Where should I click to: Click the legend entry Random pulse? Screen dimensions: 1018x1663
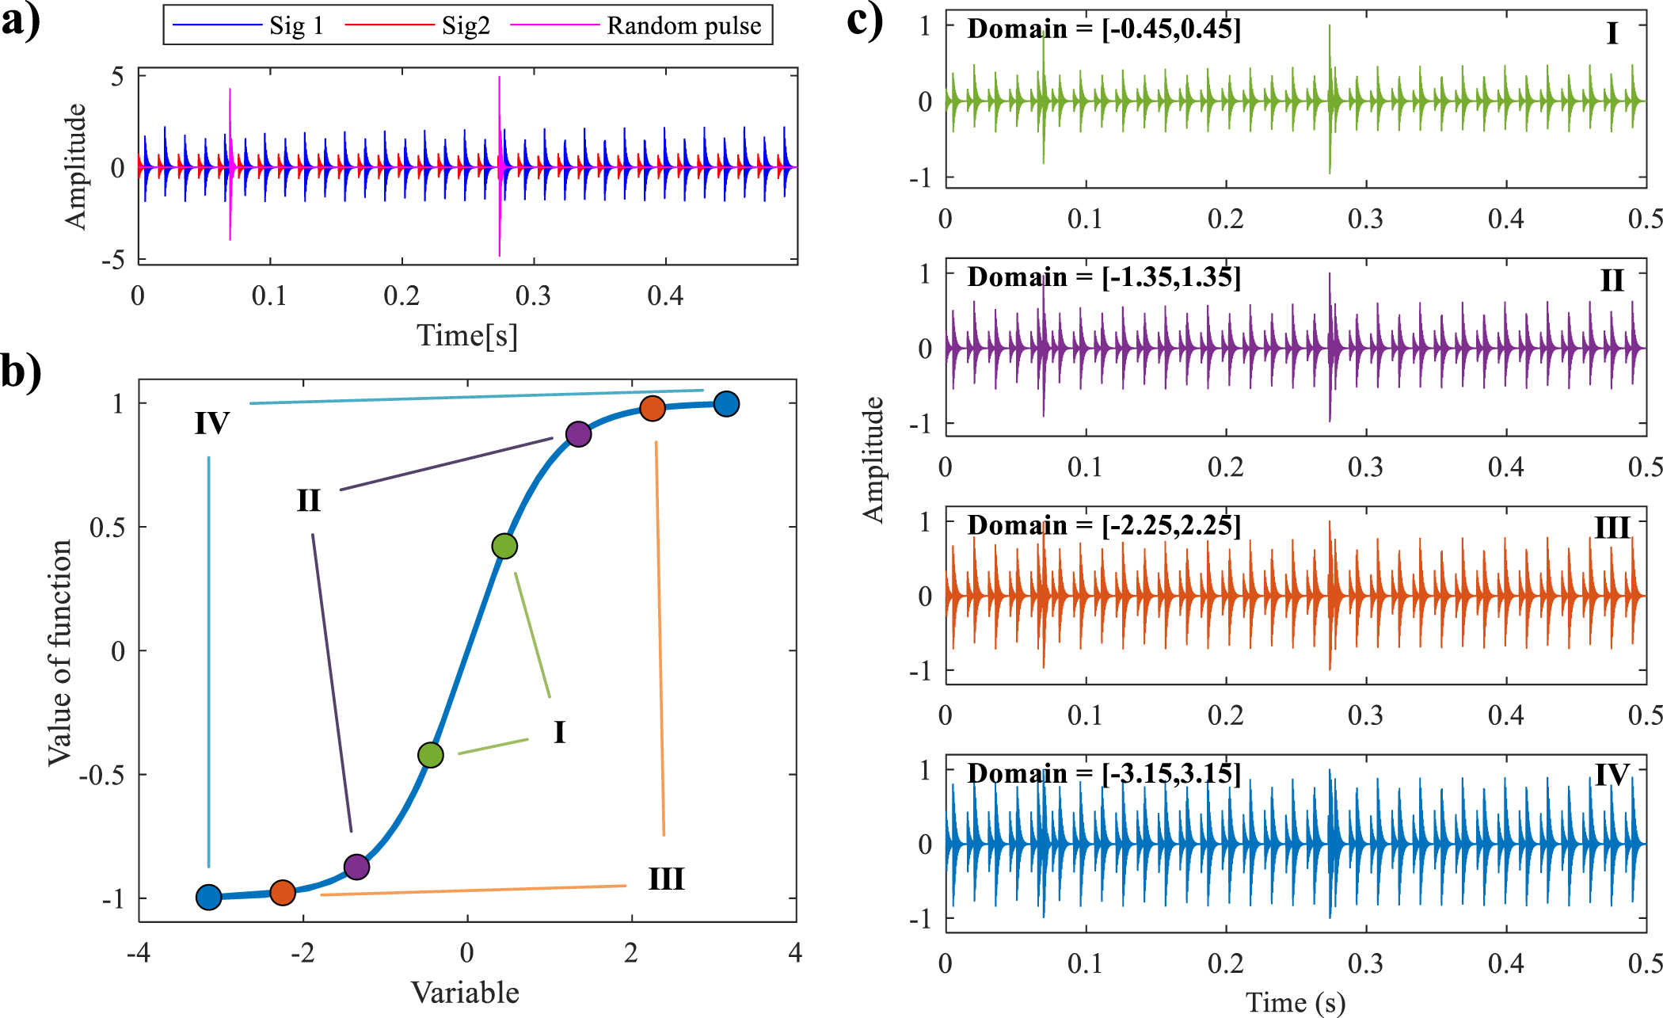pyautogui.click(x=683, y=26)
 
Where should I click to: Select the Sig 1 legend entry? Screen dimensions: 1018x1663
pyautogui.click(x=296, y=26)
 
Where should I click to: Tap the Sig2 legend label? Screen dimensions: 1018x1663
pyautogui.click(x=466, y=26)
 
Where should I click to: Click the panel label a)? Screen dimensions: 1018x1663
pyautogui.click(x=21, y=21)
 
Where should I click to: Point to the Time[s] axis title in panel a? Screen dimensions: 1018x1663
pyautogui.click(x=467, y=335)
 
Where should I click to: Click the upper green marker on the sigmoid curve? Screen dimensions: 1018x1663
pyautogui.click(x=504, y=546)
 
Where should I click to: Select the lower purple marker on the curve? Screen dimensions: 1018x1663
pyautogui.click(x=357, y=867)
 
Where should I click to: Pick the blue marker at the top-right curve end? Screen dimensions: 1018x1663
pyautogui.click(x=726, y=404)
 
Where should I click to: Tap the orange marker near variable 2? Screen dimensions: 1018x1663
pyautogui.click(x=652, y=408)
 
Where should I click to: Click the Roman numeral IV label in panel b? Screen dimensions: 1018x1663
pyautogui.click(x=212, y=424)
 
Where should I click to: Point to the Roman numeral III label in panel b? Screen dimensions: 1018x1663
pyautogui.click(x=666, y=879)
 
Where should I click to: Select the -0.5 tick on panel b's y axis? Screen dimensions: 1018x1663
pyautogui.click(x=103, y=775)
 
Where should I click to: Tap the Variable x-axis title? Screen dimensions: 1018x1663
pyautogui.click(x=466, y=993)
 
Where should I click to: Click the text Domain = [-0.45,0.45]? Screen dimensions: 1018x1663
pyautogui.click(x=1104, y=29)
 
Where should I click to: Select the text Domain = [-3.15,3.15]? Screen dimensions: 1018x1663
pyautogui.click(x=1104, y=773)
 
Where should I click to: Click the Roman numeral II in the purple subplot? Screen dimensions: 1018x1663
pyautogui.click(x=1612, y=280)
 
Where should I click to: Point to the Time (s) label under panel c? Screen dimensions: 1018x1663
pyautogui.click(x=1296, y=1002)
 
